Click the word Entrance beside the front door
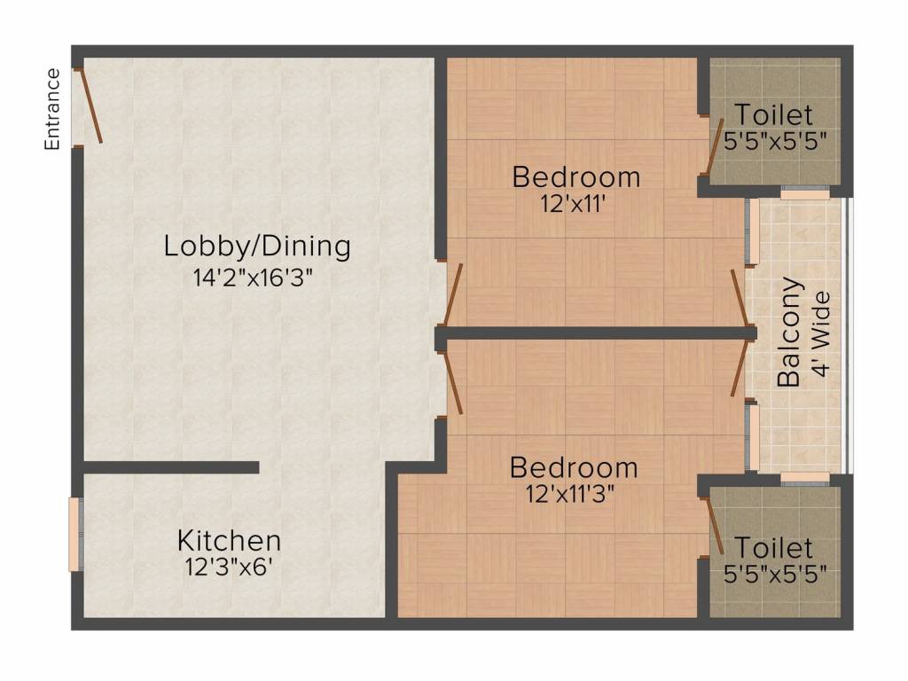[52, 109]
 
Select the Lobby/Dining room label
[257, 247]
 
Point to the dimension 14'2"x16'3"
[253, 278]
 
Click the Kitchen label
[230, 541]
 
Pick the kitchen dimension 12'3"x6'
[229, 567]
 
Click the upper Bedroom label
[576, 177]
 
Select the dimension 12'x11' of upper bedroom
[574, 204]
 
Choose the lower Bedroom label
[574, 468]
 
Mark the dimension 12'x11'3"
[570, 495]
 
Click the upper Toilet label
[773, 114]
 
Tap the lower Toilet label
[773, 547]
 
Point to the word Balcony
[789, 333]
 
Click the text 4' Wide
[821, 334]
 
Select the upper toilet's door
[715, 146]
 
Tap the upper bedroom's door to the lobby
[453, 294]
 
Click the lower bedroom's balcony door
[740, 368]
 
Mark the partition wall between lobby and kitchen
[171, 467]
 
